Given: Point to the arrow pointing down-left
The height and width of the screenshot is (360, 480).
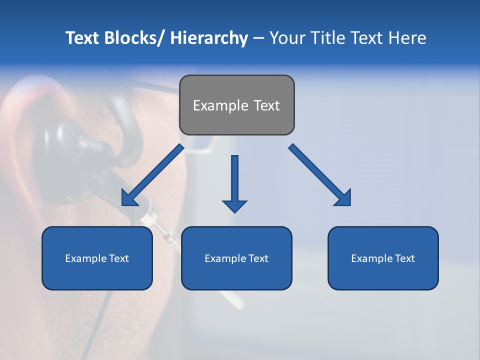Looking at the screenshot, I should click(x=152, y=175).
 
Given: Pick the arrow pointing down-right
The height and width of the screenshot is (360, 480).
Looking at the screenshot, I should click(x=320, y=175).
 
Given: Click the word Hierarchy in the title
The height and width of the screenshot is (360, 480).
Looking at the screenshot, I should click(x=209, y=38).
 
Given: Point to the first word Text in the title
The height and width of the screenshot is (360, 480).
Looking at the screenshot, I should click(x=82, y=38).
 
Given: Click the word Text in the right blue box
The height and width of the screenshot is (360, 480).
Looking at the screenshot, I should click(x=404, y=258).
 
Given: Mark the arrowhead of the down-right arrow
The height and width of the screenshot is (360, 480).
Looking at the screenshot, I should click(x=344, y=198).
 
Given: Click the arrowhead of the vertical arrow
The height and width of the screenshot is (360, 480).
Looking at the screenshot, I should click(x=234, y=205).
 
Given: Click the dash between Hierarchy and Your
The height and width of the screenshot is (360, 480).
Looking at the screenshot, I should click(x=258, y=38).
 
